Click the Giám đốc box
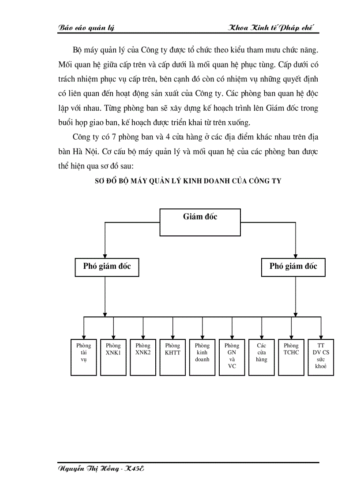[200, 222]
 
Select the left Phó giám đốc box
[107, 267]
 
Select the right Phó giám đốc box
[293, 267]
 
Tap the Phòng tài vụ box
[83, 357]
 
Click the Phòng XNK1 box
[113, 357]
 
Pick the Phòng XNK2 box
[143, 357]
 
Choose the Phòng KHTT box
[172, 357]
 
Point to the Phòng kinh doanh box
[202, 357]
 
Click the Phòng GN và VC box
[232, 357]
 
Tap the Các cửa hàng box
[262, 357]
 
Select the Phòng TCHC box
[291, 357]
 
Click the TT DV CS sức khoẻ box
[321, 357]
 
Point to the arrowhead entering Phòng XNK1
[113, 336]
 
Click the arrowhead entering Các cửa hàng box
[262, 336]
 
